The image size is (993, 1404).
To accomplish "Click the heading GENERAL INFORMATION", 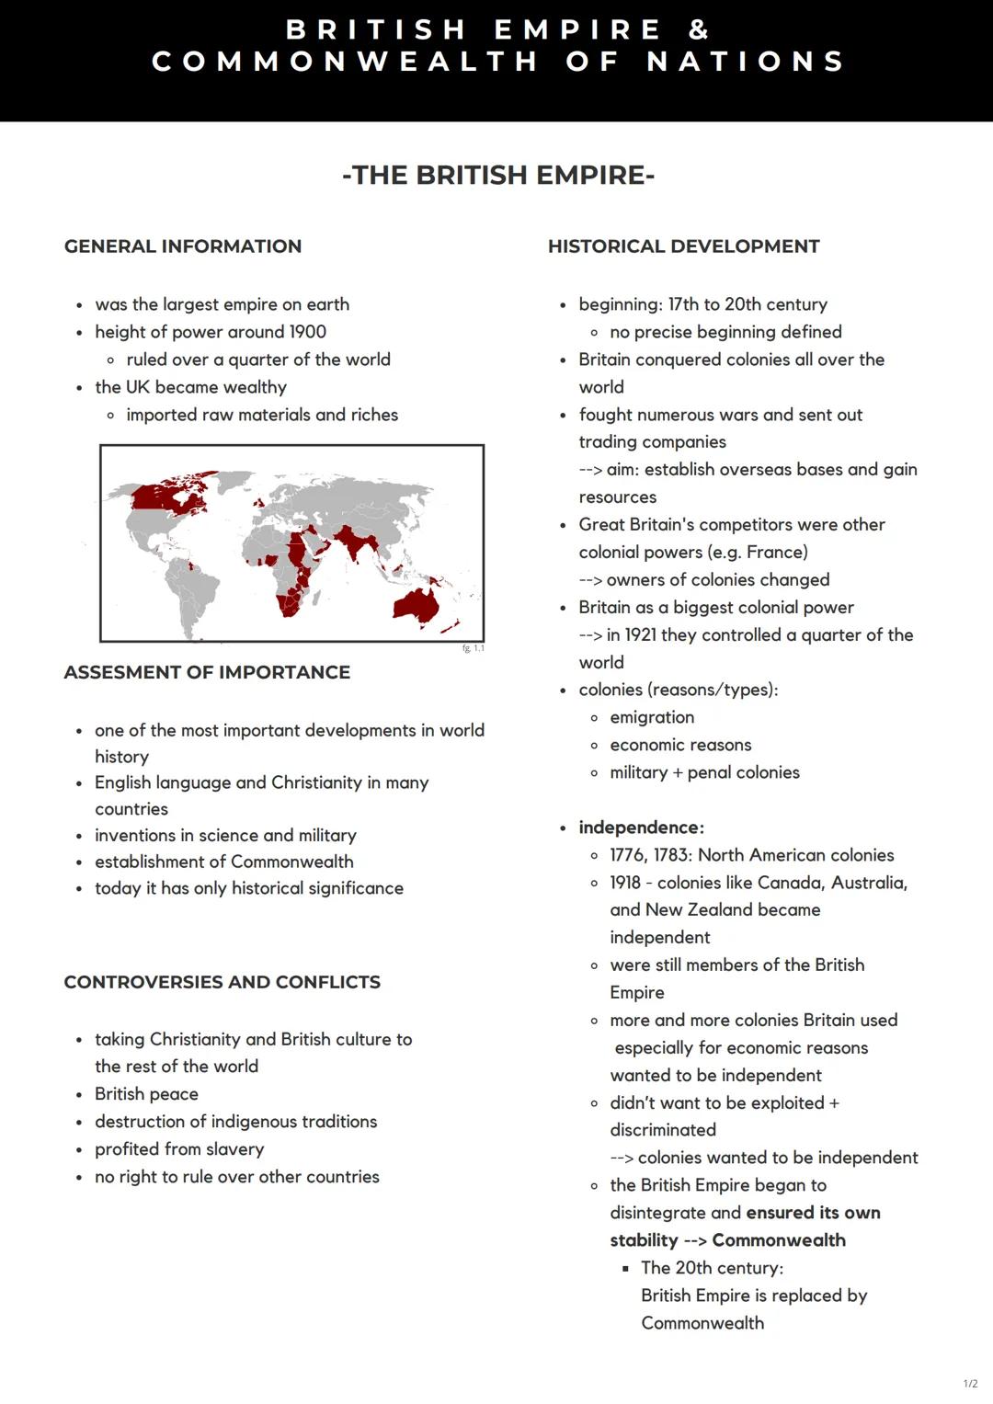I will pos(182,246).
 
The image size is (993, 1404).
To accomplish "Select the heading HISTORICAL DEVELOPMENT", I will pos(683,246).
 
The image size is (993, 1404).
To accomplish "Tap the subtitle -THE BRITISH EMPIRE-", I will pos(497,175).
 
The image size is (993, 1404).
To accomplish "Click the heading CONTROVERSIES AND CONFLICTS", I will pos(222,982).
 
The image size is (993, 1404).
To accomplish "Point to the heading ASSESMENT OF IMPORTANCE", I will pos(207,672).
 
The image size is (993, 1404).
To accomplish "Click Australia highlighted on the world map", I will pos(416,605).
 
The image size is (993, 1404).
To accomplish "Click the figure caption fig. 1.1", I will pos(473,648).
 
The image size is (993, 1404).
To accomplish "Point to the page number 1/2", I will pos(970,1384).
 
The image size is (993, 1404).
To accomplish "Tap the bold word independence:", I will pos(641,828).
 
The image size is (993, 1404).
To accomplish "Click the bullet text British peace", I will pos(146,1094).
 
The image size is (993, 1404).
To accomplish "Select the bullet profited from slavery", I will pos(179,1149).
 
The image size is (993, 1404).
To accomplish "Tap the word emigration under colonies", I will pos(652,717).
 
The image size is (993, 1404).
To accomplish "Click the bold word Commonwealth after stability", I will pos(779,1240).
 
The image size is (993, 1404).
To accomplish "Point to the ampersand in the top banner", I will pos(699,29).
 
